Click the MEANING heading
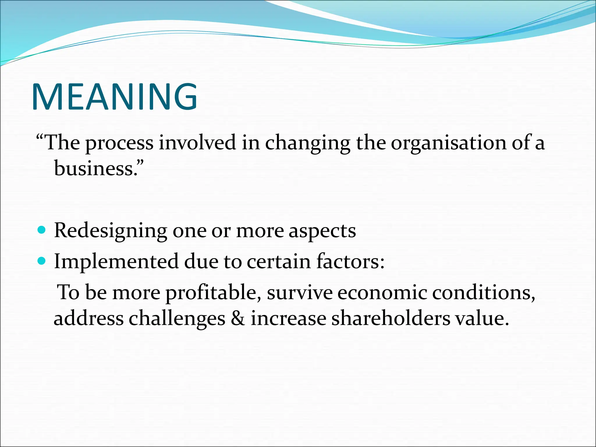pyautogui.click(x=115, y=97)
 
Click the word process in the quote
pyautogui.click(x=119, y=143)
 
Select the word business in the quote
pyautogui.click(x=94, y=168)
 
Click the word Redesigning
pyautogui.click(x=111, y=231)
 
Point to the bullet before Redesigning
pyautogui.click(x=42, y=230)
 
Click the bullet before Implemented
pyautogui.click(x=42, y=261)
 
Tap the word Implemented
pyautogui.click(x=116, y=261)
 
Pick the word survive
pyautogui.click(x=299, y=292)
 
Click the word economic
pyautogui.click(x=382, y=292)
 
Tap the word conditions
pyautogui.click(x=483, y=292)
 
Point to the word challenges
pyautogui.click(x=177, y=318)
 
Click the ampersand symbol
pyautogui.click(x=238, y=318)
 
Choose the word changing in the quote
pyautogui.click(x=308, y=143)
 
